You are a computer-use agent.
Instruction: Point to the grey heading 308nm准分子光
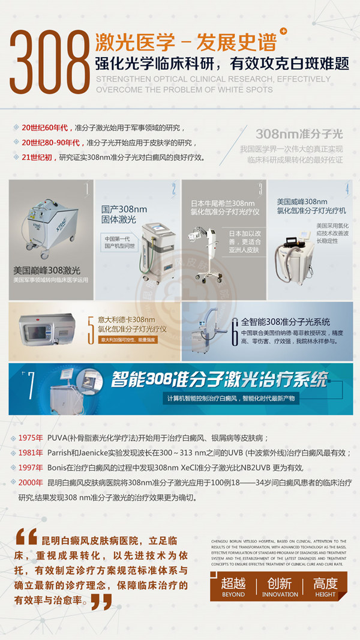299,133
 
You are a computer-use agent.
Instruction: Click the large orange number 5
91,329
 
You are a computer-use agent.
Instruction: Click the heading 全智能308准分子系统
286,322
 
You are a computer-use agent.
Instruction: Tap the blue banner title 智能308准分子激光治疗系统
220,379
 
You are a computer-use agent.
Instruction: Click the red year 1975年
31,437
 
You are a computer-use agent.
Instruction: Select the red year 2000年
31,482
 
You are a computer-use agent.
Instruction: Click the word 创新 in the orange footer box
280,583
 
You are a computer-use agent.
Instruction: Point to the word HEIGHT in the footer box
325,594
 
